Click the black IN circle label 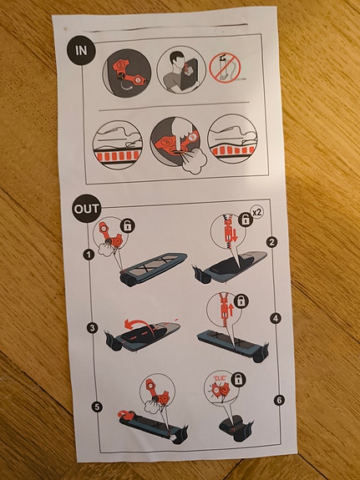[81, 51]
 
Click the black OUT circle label [87, 209]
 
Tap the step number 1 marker [89, 255]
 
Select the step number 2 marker [271, 242]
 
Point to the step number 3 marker [92, 328]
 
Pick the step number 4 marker [276, 318]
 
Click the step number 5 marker [97, 407]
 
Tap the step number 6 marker [279, 400]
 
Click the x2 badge [256, 212]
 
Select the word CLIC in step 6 [220, 378]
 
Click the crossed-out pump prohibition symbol [225, 68]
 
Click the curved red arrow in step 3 [140, 325]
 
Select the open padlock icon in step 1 [128, 225]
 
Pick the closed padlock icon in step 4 [241, 301]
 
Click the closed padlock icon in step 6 [238, 380]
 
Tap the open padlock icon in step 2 [246, 220]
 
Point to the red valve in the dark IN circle [129, 74]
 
